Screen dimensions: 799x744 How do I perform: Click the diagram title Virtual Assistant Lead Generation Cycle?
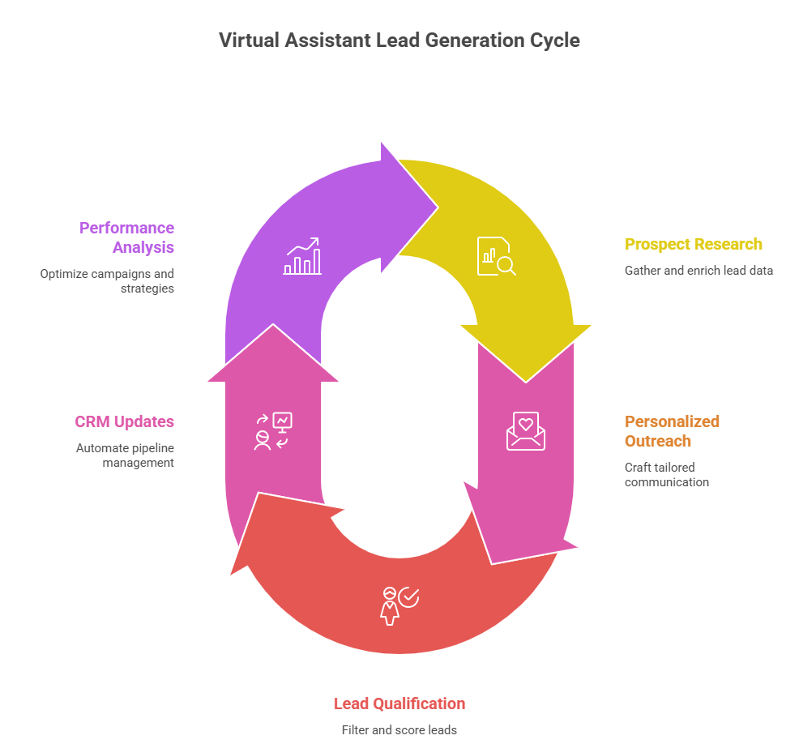(x=399, y=41)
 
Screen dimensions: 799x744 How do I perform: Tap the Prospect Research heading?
(x=694, y=244)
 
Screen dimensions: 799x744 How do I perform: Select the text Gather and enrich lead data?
(x=699, y=271)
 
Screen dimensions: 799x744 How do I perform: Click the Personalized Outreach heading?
(x=672, y=431)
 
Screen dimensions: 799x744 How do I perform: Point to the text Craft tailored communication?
(x=667, y=474)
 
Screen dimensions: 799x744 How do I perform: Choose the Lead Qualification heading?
(x=399, y=703)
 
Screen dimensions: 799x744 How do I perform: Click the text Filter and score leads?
(x=399, y=730)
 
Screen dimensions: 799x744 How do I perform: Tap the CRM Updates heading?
(x=124, y=422)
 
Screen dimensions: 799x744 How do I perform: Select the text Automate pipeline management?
(x=126, y=455)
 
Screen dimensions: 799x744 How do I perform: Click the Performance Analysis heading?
(x=127, y=237)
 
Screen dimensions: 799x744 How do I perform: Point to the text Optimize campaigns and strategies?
(x=107, y=280)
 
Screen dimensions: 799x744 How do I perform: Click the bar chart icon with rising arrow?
(x=303, y=256)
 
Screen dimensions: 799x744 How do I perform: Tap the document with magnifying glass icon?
(x=496, y=256)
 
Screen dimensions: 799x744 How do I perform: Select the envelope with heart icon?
(x=526, y=431)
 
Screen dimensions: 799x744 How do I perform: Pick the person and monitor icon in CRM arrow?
(x=273, y=431)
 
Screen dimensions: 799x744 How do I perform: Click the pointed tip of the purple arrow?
(x=438, y=207)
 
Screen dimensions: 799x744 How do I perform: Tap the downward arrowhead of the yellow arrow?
(x=526, y=381)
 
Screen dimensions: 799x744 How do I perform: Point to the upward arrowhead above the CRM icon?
(x=273, y=325)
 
